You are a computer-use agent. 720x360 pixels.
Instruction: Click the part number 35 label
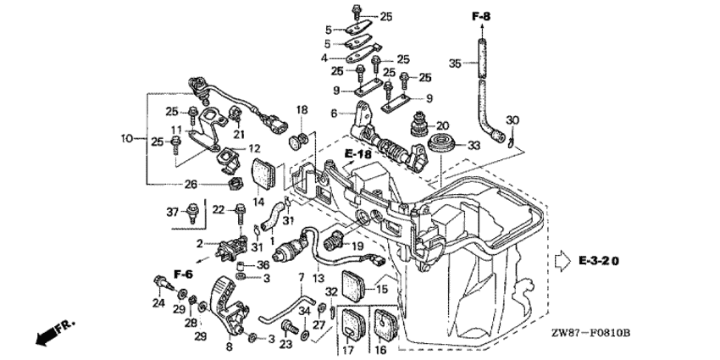455,64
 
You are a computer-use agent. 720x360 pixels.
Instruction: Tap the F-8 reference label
482,17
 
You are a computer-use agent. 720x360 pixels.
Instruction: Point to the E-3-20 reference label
599,261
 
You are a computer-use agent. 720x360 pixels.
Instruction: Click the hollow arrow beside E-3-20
563,262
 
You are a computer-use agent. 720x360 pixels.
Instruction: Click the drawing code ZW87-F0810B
592,332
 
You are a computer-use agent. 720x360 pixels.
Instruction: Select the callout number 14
258,202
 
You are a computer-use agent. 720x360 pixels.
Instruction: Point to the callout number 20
442,125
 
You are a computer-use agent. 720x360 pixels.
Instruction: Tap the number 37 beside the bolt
173,212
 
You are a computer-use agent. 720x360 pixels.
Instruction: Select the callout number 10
127,138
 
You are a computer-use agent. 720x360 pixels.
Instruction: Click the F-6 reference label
183,274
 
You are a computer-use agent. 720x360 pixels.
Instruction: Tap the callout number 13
318,278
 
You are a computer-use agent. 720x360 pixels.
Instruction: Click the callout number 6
334,113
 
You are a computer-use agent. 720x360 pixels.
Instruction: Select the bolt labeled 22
241,213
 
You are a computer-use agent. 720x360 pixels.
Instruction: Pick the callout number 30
512,120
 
